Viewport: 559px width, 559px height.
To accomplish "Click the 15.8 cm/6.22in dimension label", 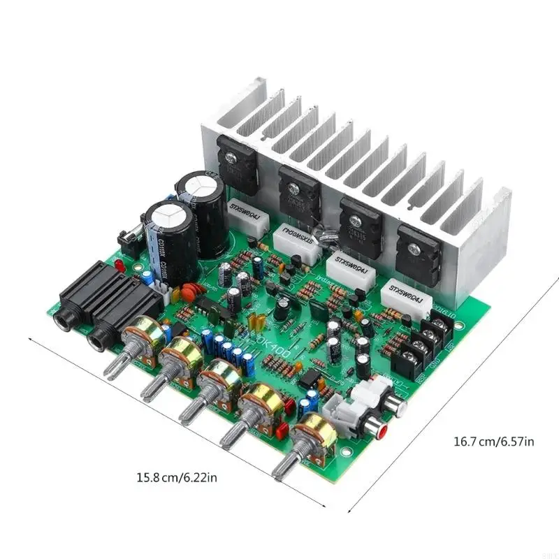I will [177, 479].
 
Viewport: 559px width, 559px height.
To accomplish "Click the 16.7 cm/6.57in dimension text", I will [494, 441].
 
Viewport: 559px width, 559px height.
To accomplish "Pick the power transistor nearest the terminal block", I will [416, 252].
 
